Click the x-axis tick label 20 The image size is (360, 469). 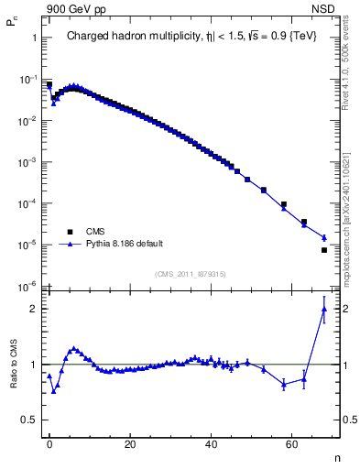[x=130, y=443]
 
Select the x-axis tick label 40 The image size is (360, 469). [x=211, y=443]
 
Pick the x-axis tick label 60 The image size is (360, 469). [x=291, y=443]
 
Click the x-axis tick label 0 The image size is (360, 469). [x=49, y=443]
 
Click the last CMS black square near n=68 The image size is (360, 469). [x=324, y=250]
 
